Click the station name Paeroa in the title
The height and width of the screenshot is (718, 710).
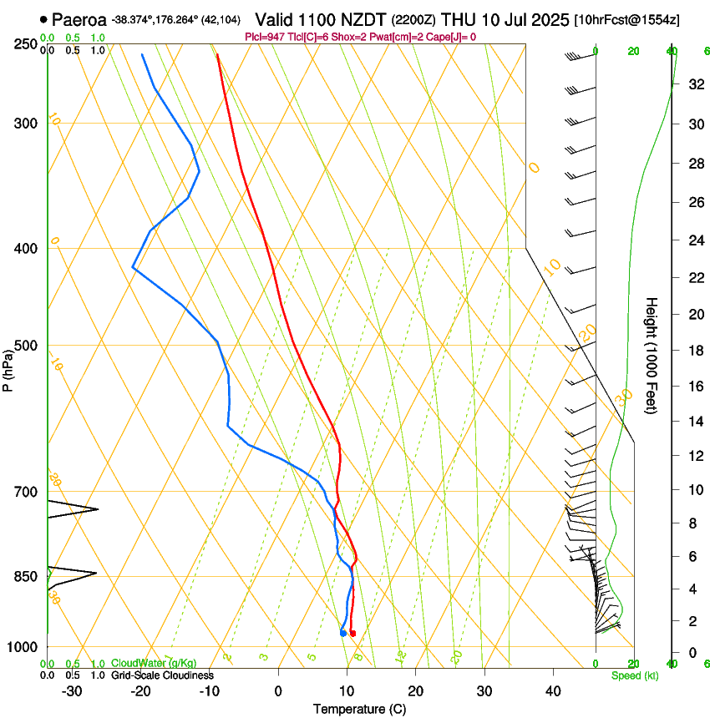pyautogui.click(x=79, y=18)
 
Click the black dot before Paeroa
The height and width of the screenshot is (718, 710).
pyautogui.click(x=43, y=18)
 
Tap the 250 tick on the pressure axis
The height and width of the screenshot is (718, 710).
pyautogui.click(x=27, y=44)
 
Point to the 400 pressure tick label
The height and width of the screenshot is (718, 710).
pyautogui.click(x=27, y=249)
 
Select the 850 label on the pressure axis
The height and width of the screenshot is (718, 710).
pyautogui.click(x=27, y=577)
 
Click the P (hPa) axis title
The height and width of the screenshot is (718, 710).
pyautogui.click(x=8, y=366)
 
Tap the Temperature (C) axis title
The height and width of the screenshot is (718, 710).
pyautogui.click(x=359, y=709)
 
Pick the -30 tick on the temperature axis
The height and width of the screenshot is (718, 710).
pyautogui.click(x=72, y=690)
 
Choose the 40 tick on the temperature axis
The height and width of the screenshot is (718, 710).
pyautogui.click(x=553, y=690)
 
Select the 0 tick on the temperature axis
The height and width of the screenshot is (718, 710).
pyautogui.click(x=278, y=690)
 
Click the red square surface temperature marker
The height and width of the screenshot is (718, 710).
pyautogui.click(x=352, y=634)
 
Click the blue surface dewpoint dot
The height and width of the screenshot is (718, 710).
pyautogui.click(x=343, y=633)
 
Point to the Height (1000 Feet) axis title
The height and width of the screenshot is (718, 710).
pyautogui.click(x=652, y=355)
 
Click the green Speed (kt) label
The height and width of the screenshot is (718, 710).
pyautogui.click(x=634, y=675)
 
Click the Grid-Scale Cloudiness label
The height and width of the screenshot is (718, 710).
pyautogui.click(x=162, y=675)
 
